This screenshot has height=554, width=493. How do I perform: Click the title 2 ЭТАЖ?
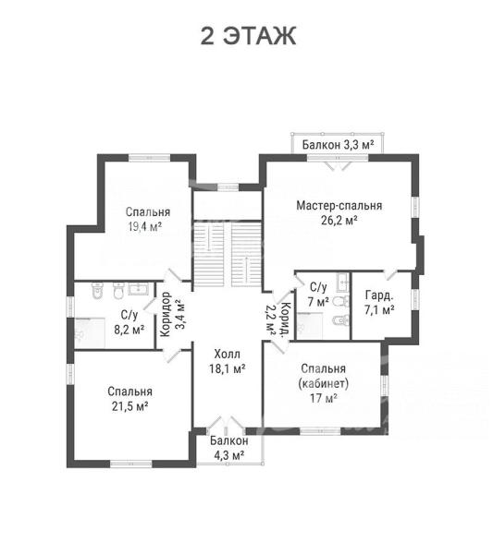point(248,36)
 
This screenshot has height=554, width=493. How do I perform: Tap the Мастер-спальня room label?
point(339,205)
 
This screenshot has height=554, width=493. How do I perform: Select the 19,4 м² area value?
point(145,226)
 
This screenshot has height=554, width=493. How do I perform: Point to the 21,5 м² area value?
point(129,406)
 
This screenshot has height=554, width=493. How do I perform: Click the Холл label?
point(228,354)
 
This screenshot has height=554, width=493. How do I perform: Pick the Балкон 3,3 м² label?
point(338,145)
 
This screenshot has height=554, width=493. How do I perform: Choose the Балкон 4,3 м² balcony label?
point(229,448)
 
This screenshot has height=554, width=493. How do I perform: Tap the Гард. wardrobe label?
point(379,295)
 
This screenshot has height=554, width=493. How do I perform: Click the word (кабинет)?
point(324,383)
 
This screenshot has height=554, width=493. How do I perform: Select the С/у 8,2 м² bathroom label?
point(129,322)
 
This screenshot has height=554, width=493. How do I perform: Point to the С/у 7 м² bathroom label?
point(318,294)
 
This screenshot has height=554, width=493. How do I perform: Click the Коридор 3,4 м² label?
point(172,314)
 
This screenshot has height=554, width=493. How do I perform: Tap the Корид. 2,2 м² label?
point(277,320)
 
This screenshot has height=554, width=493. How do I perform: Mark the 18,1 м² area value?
point(228,368)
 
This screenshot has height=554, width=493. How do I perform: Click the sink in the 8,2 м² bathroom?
point(141,288)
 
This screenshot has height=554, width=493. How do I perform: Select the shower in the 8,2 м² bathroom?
point(90,333)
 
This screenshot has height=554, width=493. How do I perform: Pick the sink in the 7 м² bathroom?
point(343,283)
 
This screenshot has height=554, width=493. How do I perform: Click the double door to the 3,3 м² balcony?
point(338,164)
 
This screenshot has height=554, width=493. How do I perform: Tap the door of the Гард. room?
point(390,275)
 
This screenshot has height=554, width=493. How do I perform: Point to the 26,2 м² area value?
point(339,220)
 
